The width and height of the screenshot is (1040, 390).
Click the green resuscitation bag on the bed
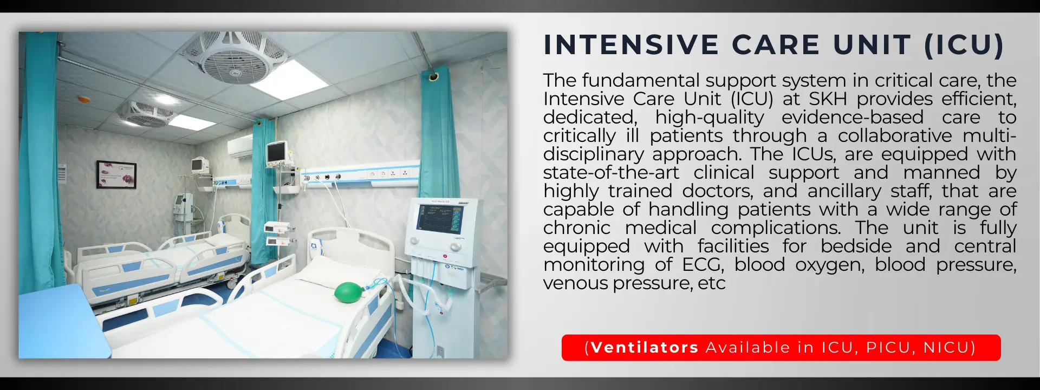point(349,292)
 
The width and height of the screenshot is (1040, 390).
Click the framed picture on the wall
point(116,174)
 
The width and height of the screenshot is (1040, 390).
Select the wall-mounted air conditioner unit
point(240,146)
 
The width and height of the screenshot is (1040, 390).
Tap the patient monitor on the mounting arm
point(276,152)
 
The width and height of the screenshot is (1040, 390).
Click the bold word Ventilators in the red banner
point(645,347)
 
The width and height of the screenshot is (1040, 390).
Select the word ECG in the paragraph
point(702,265)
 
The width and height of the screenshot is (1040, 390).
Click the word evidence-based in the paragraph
point(853,118)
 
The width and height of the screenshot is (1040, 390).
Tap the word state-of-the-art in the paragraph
point(611,173)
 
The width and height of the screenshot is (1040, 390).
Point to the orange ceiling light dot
point(83,100)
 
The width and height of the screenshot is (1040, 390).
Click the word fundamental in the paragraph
point(640,81)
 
